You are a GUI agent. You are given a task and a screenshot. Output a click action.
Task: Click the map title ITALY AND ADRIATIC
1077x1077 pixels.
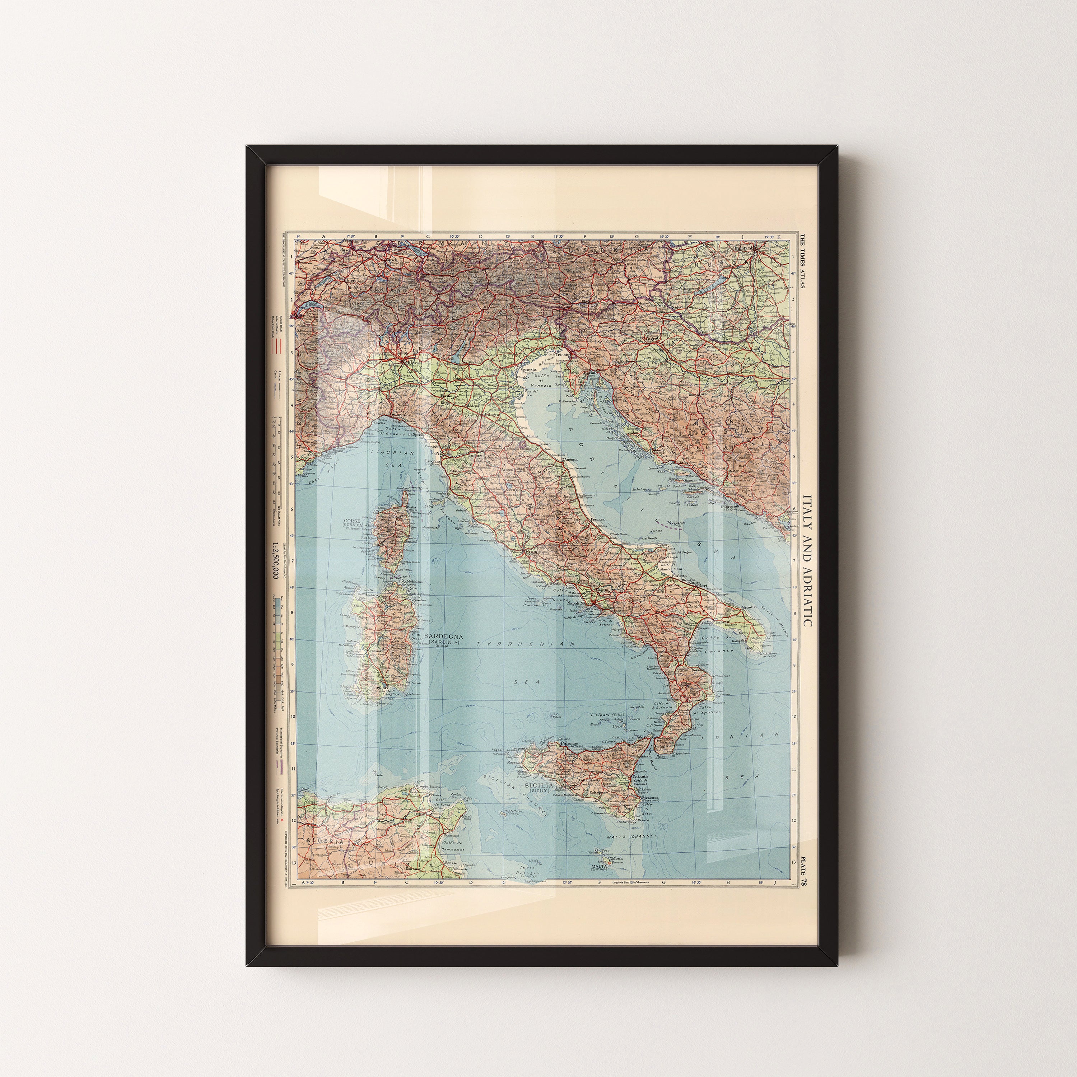click(x=807, y=560)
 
